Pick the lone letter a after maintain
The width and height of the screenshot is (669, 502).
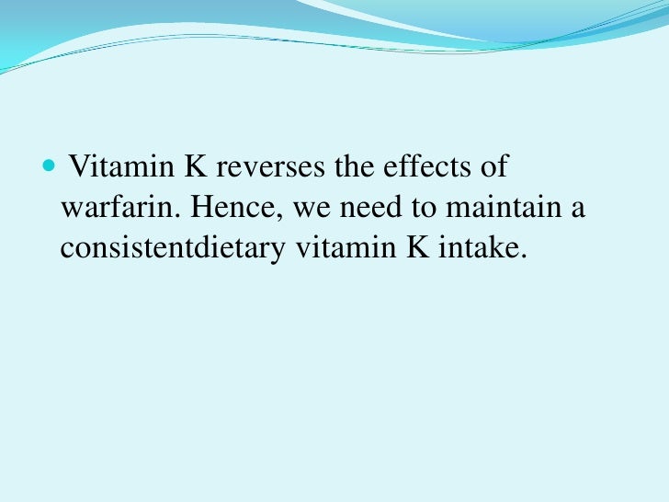point(577,209)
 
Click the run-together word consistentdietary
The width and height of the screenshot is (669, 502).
point(175,248)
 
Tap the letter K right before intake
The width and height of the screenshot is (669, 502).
point(410,248)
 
